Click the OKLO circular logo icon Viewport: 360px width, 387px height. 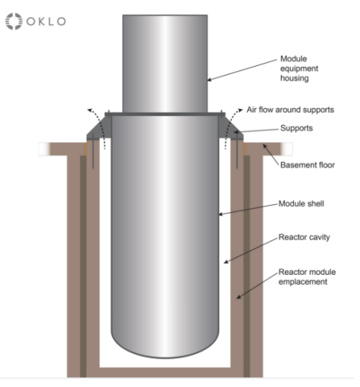[14, 21]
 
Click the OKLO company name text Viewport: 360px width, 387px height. [46, 21]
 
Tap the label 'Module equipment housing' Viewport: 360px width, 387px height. [299, 68]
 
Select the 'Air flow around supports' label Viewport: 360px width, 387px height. [290, 110]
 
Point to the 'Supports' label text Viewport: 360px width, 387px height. [296, 128]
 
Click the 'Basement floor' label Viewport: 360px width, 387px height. [308, 165]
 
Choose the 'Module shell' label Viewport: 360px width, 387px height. [301, 204]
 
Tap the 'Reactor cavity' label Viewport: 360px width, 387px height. [304, 237]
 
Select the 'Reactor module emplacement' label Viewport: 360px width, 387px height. [307, 276]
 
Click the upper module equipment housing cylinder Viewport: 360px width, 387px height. [165, 64]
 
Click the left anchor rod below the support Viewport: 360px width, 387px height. [93, 151]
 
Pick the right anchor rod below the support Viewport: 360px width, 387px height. [236, 151]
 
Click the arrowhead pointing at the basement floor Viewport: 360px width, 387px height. [265, 146]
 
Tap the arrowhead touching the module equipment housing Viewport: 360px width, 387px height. [210, 80]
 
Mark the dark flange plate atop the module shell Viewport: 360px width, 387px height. [165, 114]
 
